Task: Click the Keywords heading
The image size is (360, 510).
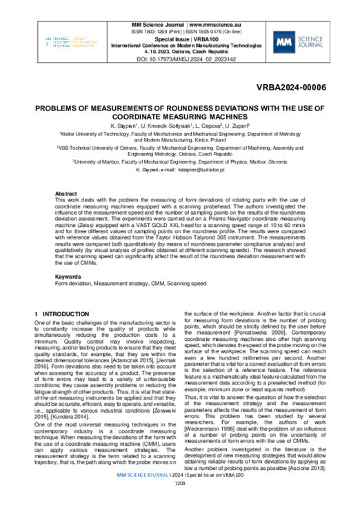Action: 70,276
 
